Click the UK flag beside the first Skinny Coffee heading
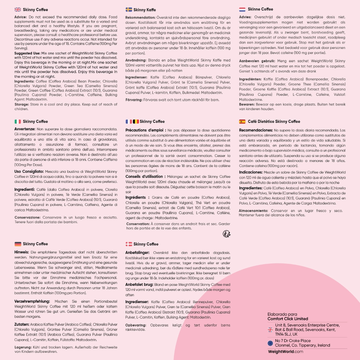tap(17, 10)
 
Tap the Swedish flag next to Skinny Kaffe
tap(129, 10)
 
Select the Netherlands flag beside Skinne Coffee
tap(242, 9)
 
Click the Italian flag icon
tap(17, 121)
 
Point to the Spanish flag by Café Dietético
tap(242, 121)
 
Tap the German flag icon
tap(17, 244)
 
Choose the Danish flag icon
tap(129, 244)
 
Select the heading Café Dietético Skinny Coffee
tap(269, 121)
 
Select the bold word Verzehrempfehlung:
tap(32, 301)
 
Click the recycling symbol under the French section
tap(227, 234)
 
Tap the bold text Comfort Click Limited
tap(288, 319)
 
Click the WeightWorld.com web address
tap(285, 351)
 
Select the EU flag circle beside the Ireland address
tap(270, 343)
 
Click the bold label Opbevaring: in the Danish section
tap(138, 325)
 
